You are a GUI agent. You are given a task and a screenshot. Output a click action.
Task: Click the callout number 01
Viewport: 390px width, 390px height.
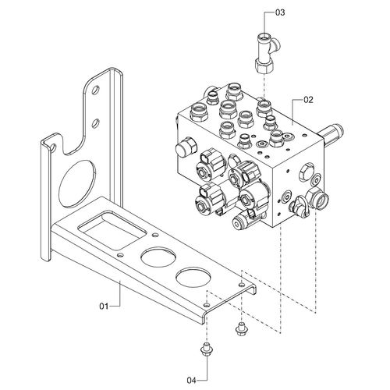104,306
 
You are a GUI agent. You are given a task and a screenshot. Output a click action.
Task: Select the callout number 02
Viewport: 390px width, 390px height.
308,100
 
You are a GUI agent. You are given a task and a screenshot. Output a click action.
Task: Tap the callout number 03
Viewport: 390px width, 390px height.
280,12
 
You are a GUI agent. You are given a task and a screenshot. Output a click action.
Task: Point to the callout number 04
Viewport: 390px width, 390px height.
191,381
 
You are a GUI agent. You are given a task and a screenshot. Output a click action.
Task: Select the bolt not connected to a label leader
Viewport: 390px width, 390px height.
241,328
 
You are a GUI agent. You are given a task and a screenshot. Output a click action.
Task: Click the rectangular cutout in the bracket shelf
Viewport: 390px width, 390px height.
112,230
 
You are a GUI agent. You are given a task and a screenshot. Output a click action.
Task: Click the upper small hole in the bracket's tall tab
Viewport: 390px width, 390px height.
95,90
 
